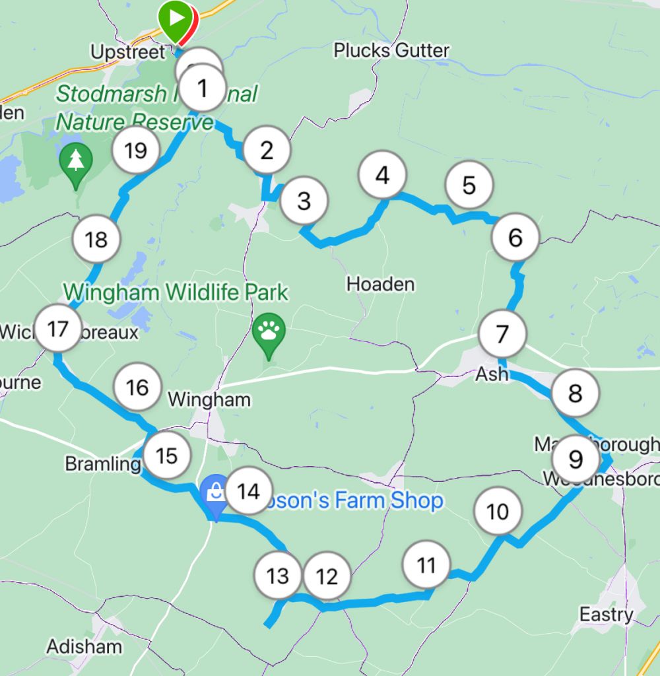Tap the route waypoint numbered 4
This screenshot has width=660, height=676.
[x=383, y=176]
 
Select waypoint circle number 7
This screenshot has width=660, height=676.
[x=502, y=335]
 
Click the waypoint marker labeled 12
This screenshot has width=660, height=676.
[x=327, y=577]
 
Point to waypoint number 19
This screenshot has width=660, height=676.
[x=135, y=151]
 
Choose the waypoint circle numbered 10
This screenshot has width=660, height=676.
[x=498, y=512]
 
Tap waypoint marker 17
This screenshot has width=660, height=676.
[x=58, y=329]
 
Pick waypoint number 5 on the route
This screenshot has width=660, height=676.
[x=469, y=186]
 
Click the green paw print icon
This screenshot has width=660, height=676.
[x=269, y=332]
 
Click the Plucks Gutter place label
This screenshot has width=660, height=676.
[x=391, y=50]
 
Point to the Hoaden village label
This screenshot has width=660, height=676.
[x=381, y=285]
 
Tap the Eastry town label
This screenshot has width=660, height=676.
[x=607, y=615]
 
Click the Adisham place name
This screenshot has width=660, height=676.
[x=84, y=646]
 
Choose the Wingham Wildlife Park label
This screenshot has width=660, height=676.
[x=176, y=292]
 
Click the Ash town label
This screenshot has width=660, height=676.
[x=492, y=374]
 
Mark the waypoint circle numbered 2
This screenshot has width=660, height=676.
[x=267, y=151]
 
